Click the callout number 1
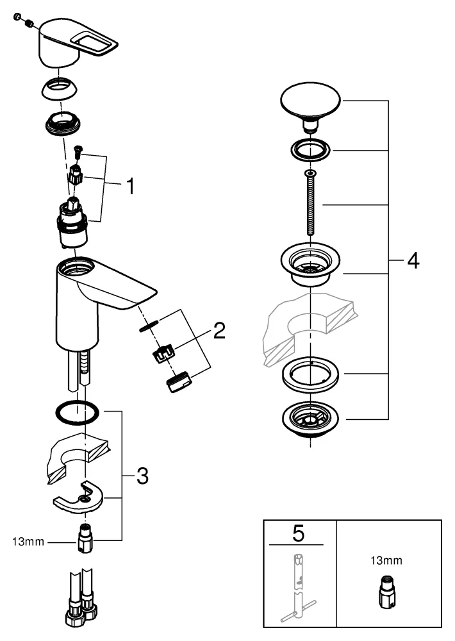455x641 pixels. [129, 187]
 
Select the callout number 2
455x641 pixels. [219, 331]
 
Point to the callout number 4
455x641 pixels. [413, 261]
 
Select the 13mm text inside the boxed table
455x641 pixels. [387, 561]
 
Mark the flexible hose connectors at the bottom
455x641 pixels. [81, 608]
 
